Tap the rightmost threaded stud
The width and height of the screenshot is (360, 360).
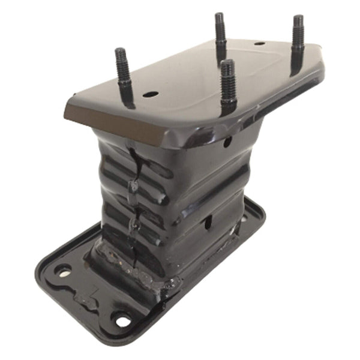click(x=296, y=42)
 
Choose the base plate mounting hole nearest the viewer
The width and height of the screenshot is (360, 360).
click(x=122, y=321)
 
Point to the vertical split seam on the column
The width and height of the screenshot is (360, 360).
click(x=135, y=198)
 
